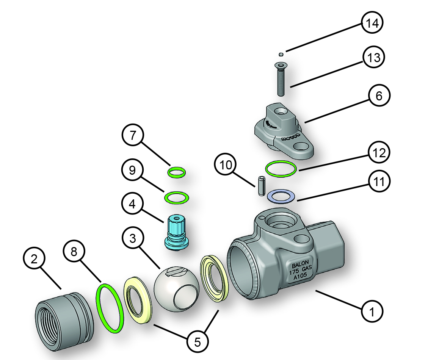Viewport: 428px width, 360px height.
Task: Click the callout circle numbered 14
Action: tap(372, 23)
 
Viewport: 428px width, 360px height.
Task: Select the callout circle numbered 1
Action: tap(372, 312)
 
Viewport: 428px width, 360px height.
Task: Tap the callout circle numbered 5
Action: tap(198, 342)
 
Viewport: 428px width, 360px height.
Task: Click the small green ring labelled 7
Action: tap(176, 173)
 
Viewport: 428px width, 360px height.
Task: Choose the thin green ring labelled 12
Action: tap(281, 169)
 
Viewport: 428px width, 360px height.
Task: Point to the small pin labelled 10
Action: tap(261, 186)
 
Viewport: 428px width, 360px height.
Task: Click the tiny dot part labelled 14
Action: tap(281, 54)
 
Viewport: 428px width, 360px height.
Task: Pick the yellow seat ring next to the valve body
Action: tap(215, 279)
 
